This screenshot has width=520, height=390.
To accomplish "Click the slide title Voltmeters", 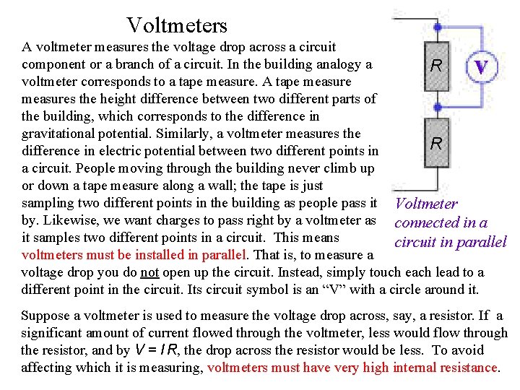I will tap(177, 26).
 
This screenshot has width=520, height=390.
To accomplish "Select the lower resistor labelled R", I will tap(436, 143).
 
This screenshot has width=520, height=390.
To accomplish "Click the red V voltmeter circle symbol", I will tap(482, 67).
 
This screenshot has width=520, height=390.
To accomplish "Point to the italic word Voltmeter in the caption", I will tap(427, 205).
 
